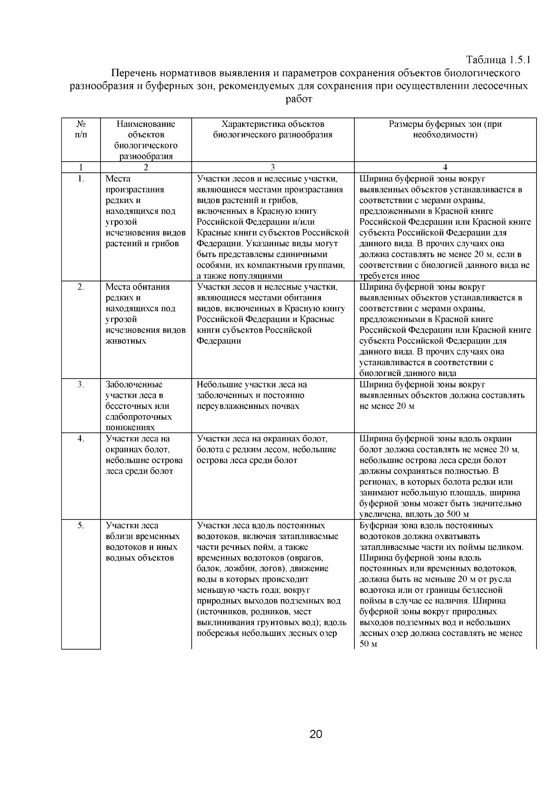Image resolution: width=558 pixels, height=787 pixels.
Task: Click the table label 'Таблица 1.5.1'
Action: click(498, 60)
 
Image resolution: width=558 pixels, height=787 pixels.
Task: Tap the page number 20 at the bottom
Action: click(316, 735)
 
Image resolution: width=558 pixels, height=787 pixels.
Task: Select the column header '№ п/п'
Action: click(81, 130)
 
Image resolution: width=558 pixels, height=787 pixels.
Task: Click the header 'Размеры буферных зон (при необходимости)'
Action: click(445, 130)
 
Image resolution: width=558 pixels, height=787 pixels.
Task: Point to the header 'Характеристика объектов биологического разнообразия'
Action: click(272, 130)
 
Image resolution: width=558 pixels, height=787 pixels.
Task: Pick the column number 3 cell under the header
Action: click(272, 167)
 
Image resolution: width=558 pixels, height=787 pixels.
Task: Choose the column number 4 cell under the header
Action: click(445, 167)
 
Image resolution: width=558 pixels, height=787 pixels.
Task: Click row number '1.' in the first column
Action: click(81, 179)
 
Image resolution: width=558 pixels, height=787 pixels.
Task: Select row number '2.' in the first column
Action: click(81, 287)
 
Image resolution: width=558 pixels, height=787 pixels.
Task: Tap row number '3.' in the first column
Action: click(81, 385)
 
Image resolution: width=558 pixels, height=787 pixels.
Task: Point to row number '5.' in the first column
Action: click(81, 526)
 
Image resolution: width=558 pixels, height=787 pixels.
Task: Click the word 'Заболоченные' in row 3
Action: click(134, 385)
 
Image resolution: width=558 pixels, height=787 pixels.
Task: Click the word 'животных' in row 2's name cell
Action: click(126, 341)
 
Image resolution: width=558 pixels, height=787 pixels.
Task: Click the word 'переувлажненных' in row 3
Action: click(230, 407)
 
